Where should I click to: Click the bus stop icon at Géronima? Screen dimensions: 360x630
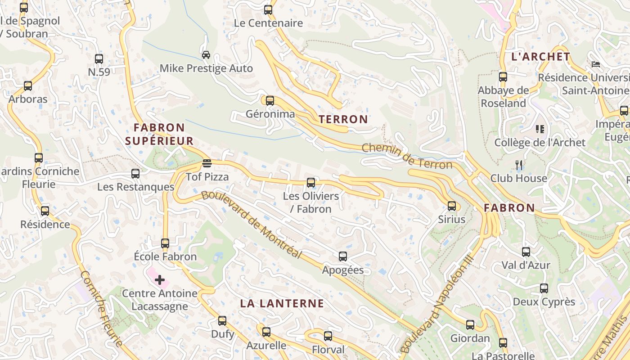(270, 101)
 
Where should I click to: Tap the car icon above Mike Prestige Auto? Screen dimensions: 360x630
(206, 55)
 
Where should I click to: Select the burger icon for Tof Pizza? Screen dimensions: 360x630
(207, 163)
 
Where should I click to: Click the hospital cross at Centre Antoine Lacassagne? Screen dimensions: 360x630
(160, 280)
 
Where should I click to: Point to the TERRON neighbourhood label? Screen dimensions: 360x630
(343, 119)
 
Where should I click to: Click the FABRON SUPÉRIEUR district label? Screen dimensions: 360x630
(159, 134)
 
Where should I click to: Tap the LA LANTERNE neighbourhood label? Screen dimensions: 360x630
(282, 303)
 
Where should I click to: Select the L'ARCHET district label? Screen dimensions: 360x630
(541, 57)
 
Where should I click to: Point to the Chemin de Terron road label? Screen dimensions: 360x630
(407, 156)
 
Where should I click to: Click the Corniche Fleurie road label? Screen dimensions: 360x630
(102, 309)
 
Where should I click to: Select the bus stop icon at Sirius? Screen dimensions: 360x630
(452, 206)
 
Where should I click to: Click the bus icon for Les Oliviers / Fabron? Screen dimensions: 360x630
(311, 182)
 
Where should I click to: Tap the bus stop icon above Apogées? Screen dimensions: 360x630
(343, 256)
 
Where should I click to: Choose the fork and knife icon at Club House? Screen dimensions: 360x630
(519, 165)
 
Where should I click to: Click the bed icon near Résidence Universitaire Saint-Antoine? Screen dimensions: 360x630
(596, 64)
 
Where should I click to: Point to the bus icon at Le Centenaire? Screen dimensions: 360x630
(268, 9)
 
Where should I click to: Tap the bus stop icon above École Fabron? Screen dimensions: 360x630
(165, 243)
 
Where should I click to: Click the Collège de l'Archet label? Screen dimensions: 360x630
(540, 143)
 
